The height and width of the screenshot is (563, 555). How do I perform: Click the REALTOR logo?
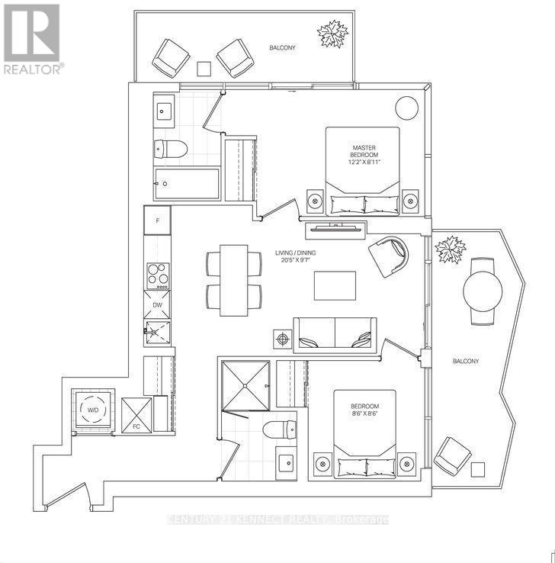[x=31, y=39]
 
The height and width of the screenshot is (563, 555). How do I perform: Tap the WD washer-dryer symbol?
[x=93, y=410]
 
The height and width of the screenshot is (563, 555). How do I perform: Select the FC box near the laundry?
[x=136, y=415]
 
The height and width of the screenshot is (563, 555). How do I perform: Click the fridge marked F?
[x=157, y=220]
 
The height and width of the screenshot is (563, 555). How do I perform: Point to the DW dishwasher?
[x=157, y=304]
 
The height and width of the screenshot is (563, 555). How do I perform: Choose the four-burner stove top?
[x=158, y=275]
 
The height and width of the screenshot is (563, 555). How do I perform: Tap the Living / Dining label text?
[x=295, y=256]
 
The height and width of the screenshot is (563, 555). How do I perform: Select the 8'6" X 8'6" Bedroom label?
[x=365, y=410]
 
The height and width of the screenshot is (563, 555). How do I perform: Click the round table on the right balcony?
[x=483, y=291]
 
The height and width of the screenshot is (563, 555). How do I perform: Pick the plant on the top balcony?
[x=332, y=34]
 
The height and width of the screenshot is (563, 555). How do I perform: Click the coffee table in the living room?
[x=335, y=285]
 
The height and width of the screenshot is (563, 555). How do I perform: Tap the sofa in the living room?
[x=335, y=335]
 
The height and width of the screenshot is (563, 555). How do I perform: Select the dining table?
[x=234, y=281]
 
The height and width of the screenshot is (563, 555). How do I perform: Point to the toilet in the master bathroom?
[x=171, y=149]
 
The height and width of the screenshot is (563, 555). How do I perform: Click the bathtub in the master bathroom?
[x=187, y=184]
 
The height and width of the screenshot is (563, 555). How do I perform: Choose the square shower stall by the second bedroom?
[x=245, y=385]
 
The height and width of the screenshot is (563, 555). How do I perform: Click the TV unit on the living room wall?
[x=335, y=230]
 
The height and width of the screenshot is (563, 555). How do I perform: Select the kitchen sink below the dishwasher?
[x=158, y=333]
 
